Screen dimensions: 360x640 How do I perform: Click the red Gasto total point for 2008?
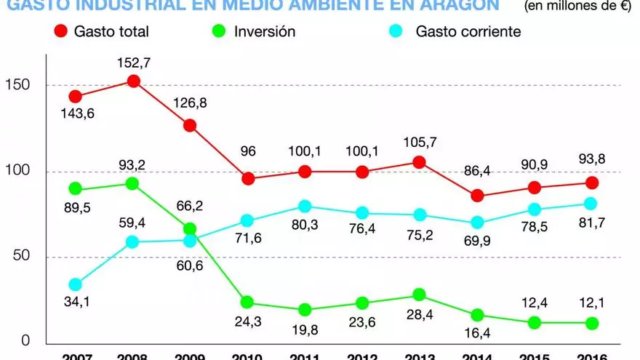point(133,81)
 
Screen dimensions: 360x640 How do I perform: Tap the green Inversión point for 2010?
point(248,303)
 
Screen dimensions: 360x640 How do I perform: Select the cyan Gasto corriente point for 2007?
point(75,285)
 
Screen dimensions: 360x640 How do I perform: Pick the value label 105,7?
point(419,141)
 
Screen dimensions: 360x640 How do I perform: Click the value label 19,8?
point(305,330)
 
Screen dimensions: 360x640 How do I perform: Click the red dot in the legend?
point(60,31)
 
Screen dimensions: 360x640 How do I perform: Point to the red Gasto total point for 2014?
point(478,196)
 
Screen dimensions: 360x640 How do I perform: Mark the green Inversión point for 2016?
point(592,323)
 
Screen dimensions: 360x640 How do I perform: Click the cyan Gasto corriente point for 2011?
point(305,207)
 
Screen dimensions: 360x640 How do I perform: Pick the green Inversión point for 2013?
point(419,295)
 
